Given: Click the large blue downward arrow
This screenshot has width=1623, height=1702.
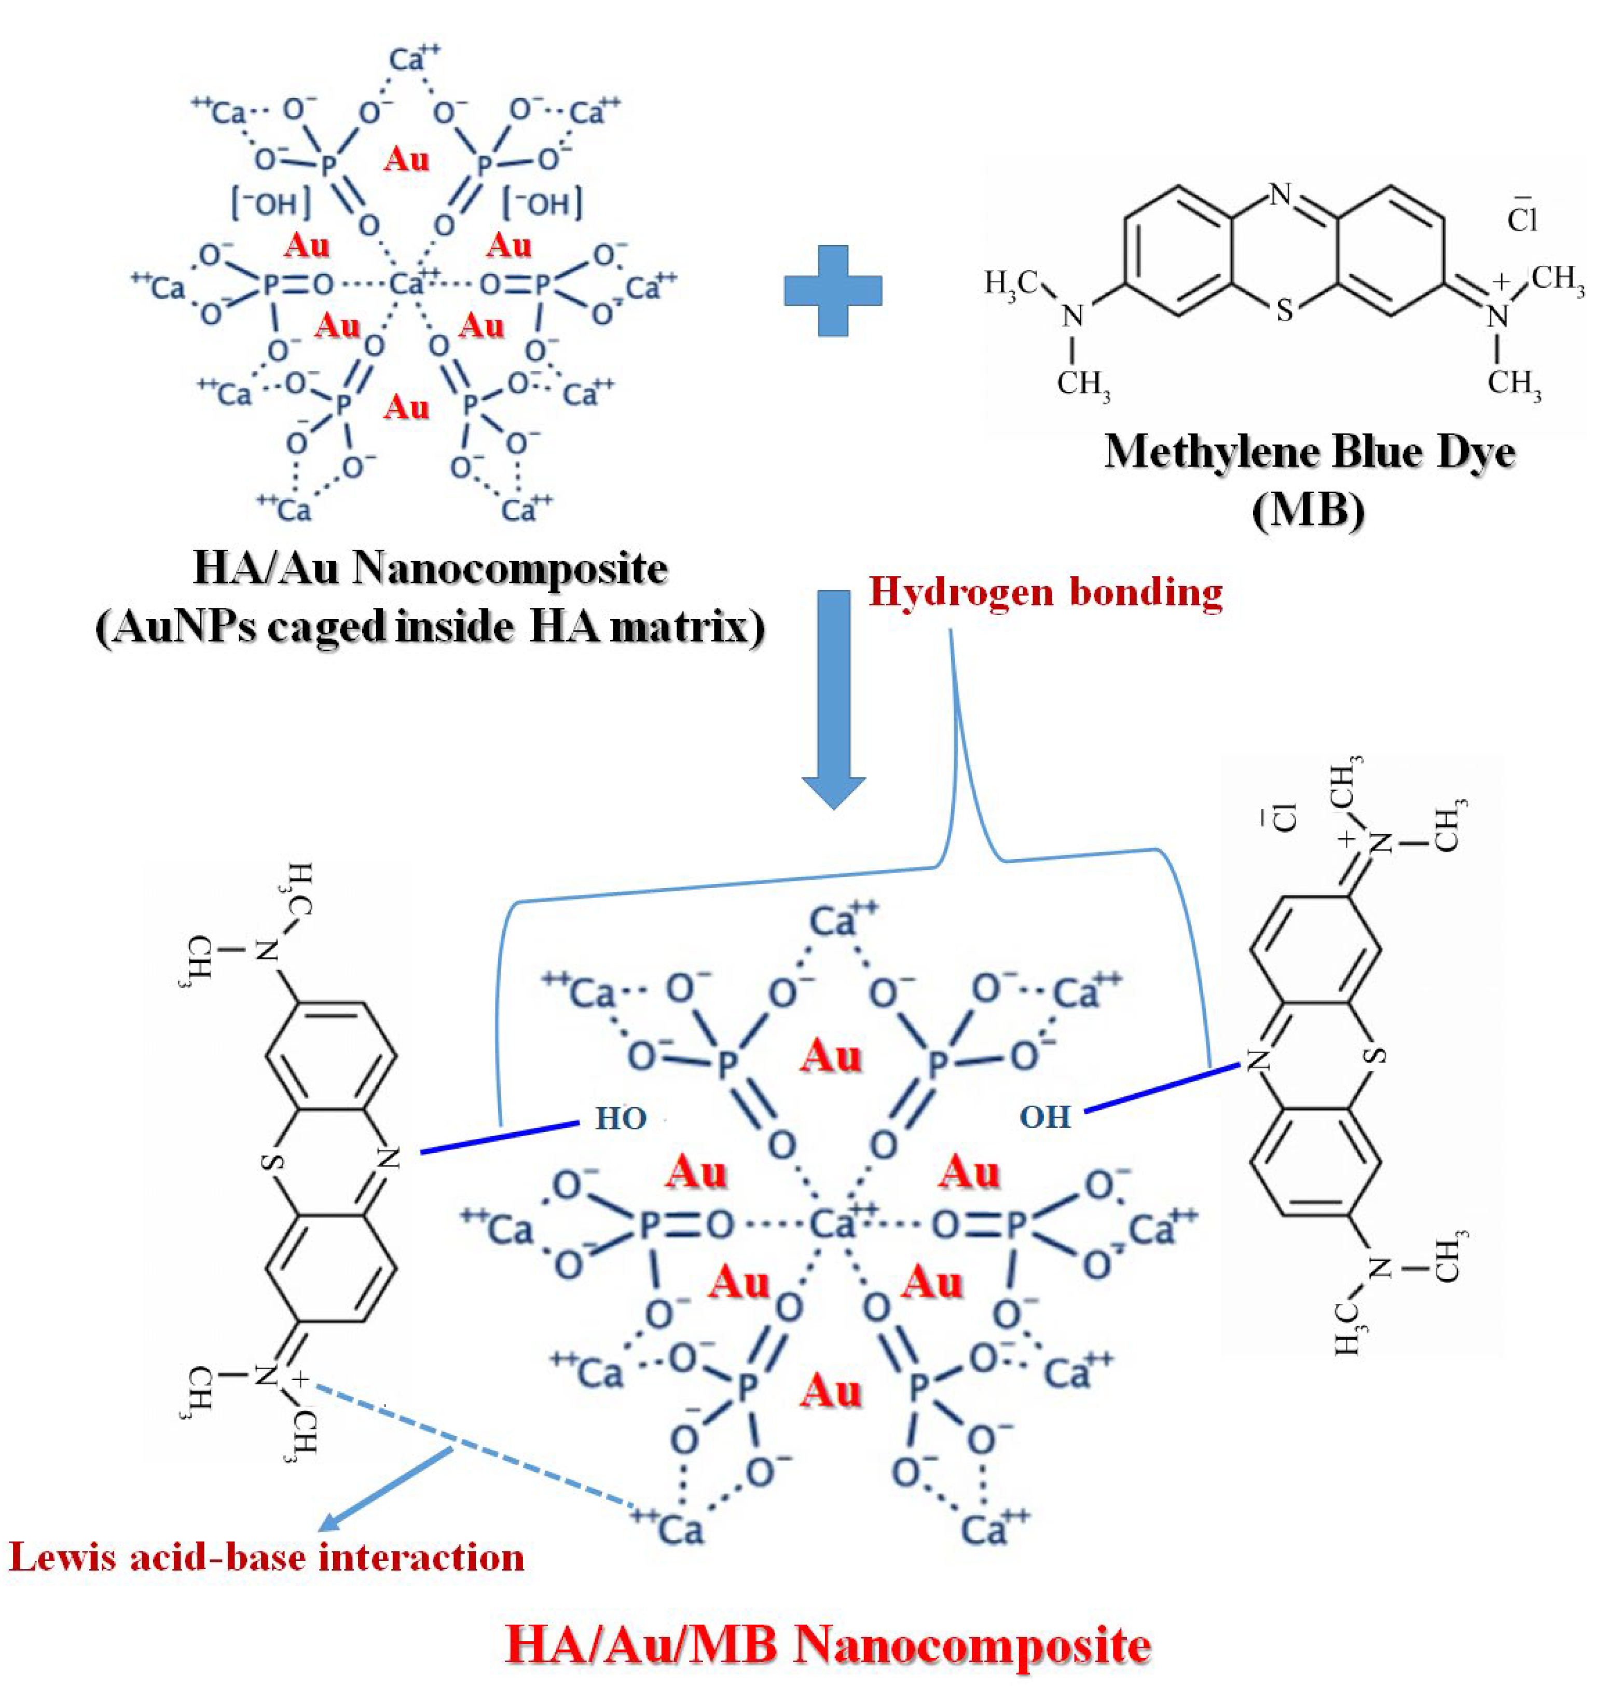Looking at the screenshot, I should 833,692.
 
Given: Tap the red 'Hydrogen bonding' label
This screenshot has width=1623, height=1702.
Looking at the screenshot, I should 1045,593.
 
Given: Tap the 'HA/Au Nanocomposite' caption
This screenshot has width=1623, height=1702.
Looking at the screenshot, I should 430,568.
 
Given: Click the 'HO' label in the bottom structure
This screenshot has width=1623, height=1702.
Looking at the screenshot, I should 621,1119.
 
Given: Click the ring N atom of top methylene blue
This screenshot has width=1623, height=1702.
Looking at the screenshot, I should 1281,195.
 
